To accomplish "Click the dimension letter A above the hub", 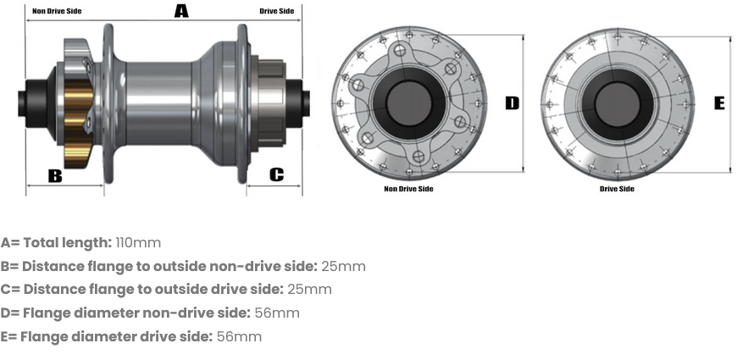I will (181, 11).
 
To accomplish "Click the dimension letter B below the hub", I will (55, 175).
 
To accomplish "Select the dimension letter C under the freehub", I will (276, 174).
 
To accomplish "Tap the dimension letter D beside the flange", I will (512, 102).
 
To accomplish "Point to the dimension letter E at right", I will (719, 102).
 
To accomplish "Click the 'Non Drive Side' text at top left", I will (58, 12).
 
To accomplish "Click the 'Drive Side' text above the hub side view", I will (277, 12).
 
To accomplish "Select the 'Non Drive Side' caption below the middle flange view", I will (408, 189).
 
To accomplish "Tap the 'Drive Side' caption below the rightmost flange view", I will (617, 189).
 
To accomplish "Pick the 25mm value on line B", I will (343, 267).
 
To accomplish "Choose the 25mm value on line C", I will (309, 290).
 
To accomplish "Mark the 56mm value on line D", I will (277, 313).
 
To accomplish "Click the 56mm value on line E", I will (239, 337).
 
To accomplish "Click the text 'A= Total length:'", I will (56, 243).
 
